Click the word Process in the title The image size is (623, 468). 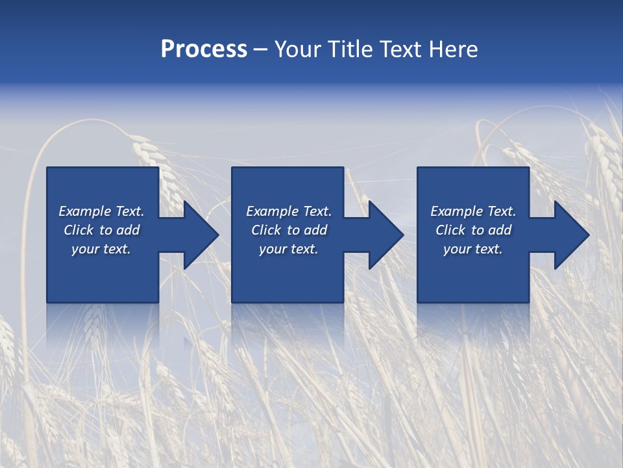click(x=204, y=49)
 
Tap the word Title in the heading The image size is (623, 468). click(x=350, y=49)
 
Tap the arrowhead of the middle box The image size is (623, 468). click(x=385, y=235)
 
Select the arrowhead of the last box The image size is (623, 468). click(x=571, y=235)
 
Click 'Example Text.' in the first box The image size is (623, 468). click(x=101, y=211)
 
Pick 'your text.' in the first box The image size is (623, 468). click(x=101, y=249)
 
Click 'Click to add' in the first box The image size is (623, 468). click(x=101, y=230)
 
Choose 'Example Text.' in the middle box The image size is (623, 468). click(x=288, y=211)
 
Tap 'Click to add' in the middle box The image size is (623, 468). click(x=288, y=230)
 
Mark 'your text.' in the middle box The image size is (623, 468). click(x=288, y=249)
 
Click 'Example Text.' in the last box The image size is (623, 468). click(x=473, y=211)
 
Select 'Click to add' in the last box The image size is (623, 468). click(x=473, y=230)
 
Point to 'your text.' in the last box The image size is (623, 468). click(x=473, y=249)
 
